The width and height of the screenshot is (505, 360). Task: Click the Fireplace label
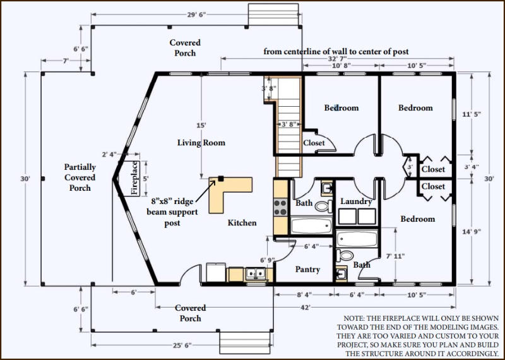[135, 178]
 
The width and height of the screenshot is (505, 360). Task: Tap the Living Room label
[201, 143]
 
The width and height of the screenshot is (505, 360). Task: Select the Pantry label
[307, 270]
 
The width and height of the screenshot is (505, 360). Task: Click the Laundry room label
[356, 201]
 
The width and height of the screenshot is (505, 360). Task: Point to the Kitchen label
[242, 223]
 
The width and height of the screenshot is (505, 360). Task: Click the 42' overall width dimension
[305, 308]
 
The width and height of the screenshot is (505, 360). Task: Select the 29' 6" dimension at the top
[196, 15]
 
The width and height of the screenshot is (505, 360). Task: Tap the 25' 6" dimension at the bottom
[182, 345]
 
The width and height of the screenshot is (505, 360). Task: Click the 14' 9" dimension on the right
[472, 231]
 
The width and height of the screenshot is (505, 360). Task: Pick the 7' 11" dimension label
[396, 256]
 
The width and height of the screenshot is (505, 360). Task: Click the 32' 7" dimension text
[337, 59]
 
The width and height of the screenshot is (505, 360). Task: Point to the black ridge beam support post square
[220, 178]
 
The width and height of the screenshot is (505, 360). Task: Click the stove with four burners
[280, 208]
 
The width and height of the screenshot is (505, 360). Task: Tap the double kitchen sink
[256, 273]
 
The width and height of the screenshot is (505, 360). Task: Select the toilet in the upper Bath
[324, 206]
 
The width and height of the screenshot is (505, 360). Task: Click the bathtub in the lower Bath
[357, 239]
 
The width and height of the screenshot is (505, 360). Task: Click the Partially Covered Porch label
[80, 177]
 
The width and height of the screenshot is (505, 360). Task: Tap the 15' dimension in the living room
[201, 125]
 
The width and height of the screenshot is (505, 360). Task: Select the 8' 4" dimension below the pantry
[304, 294]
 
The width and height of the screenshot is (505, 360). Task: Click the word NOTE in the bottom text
[353, 318]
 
